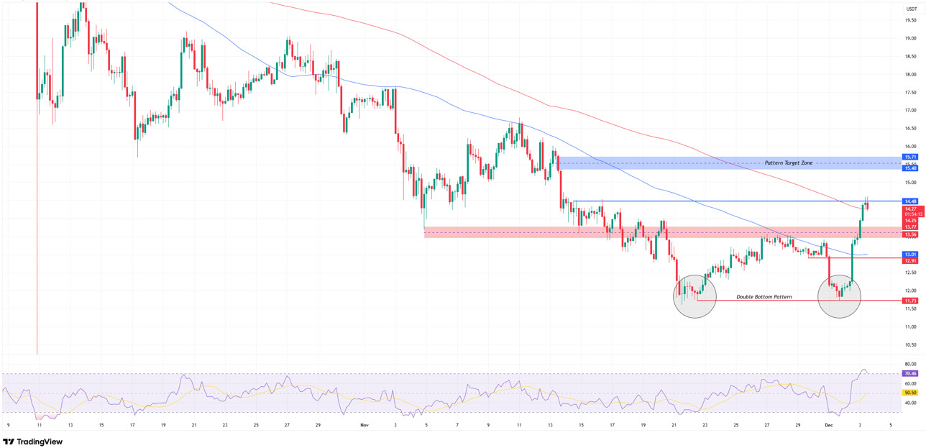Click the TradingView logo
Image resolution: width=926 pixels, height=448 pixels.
[x=33, y=442]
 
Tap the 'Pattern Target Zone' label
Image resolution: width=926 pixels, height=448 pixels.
[x=788, y=163]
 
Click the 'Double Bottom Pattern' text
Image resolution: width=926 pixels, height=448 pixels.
[x=764, y=296]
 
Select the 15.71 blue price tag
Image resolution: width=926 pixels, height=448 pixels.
[x=910, y=157]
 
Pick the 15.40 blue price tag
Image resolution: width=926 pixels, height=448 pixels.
[x=910, y=168]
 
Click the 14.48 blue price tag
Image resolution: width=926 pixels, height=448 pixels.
[x=910, y=201]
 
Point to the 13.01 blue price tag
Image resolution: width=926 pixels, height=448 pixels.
[x=910, y=254]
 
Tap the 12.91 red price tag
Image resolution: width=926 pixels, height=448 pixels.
[x=910, y=260]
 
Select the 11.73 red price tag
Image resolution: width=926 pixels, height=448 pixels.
[x=910, y=301]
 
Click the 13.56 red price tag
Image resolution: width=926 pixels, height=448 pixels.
[x=910, y=234]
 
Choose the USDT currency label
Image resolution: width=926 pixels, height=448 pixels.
[x=911, y=9]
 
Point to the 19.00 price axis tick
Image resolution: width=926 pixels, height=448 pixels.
[x=910, y=38]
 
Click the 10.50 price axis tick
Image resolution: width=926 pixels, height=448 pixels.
[x=910, y=344]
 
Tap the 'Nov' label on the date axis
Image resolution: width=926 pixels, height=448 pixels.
[x=364, y=425]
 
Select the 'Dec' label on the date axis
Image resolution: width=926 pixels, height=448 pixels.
[x=828, y=425]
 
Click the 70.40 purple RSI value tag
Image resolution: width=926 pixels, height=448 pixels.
[x=910, y=373]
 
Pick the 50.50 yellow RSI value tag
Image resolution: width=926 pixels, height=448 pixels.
[x=910, y=393]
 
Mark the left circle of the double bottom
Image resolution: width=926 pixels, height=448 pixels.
[x=694, y=296]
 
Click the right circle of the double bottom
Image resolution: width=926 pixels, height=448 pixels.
[x=839, y=296]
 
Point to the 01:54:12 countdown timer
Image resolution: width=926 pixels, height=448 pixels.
[x=914, y=214]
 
